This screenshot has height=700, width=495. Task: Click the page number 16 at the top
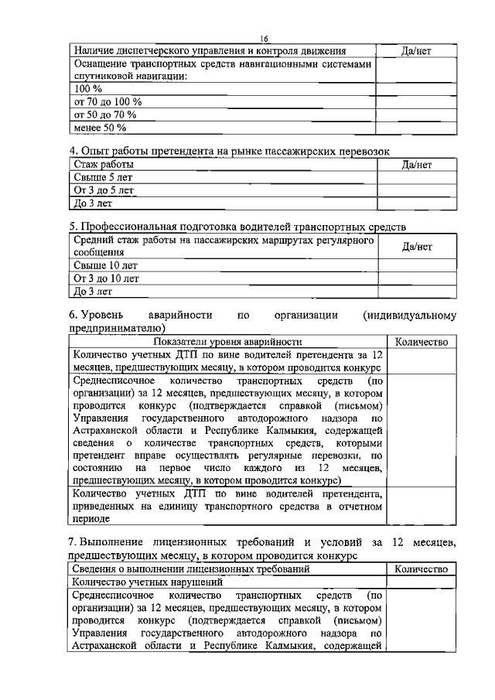click(x=263, y=39)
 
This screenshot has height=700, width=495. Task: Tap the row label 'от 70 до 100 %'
click(x=108, y=102)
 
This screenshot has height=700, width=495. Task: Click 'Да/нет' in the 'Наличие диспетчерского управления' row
click(x=416, y=51)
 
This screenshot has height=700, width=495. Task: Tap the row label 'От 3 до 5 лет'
click(x=104, y=190)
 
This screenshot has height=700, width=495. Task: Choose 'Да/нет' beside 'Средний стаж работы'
click(x=416, y=247)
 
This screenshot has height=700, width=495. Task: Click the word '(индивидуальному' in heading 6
click(x=409, y=316)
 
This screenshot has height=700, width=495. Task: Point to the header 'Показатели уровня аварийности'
click(x=227, y=342)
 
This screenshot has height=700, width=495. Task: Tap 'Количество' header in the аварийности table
click(x=421, y=342)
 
